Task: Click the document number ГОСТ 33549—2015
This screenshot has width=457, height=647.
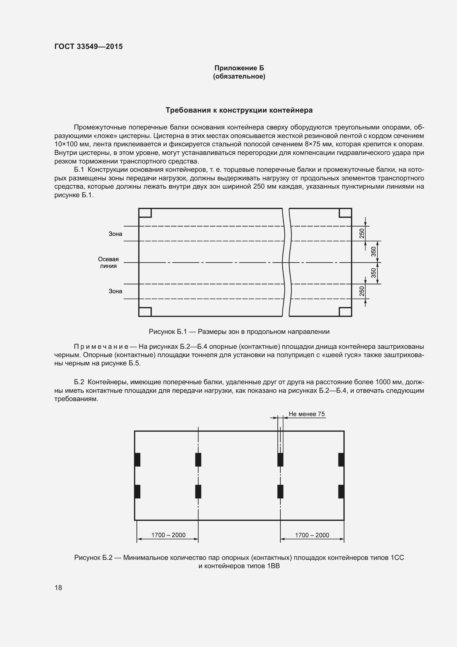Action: tap(88, 46)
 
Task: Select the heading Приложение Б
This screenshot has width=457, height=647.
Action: tap(239, 68)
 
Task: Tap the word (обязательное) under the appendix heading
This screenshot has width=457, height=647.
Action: tap(239, 76)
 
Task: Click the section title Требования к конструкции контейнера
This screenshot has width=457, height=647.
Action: tap(239, 110)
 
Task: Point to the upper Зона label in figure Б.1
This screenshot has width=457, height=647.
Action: tap(115, 234)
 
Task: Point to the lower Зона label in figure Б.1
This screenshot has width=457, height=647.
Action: tap(115, 291)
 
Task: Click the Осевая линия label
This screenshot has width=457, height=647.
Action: tap(108, 263)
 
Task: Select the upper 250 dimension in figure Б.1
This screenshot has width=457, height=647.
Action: tap(362, 233)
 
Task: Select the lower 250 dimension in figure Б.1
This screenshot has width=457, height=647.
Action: tap(362, 291)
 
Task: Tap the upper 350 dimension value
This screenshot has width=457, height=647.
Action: tap(374, 252)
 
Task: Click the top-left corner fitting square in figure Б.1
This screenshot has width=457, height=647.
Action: tap(145, 213)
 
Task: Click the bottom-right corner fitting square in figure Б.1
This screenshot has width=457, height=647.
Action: tap(345, 312)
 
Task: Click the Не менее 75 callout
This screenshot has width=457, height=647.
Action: tap(306, 414)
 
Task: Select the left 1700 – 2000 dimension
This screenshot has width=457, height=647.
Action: tap(168, 535)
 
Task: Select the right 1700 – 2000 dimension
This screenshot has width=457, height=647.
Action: tap(312, 535)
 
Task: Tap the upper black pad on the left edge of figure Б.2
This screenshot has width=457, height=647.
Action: tap(137, 460)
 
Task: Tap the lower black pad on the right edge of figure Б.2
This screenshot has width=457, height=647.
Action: tap(341, 492)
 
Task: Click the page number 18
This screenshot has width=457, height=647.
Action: tap(58, 588)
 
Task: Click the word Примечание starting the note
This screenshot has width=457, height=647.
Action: tap(101, 347)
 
